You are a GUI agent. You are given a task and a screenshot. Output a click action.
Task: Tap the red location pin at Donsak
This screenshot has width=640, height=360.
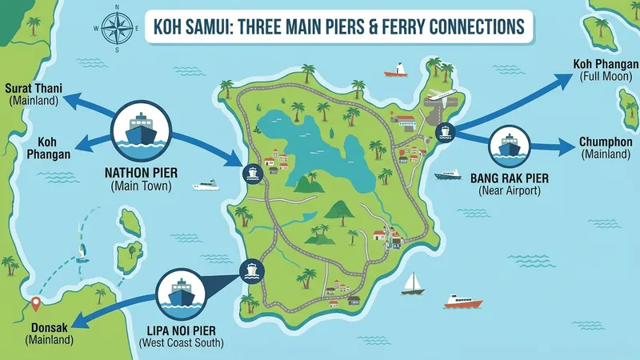34,306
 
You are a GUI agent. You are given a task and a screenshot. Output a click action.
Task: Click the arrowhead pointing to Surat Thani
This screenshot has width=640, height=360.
70,99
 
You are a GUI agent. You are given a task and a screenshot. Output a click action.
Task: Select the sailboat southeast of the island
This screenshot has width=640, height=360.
412,282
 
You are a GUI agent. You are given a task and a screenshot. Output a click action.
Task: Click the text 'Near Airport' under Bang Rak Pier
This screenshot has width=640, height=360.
510,191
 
